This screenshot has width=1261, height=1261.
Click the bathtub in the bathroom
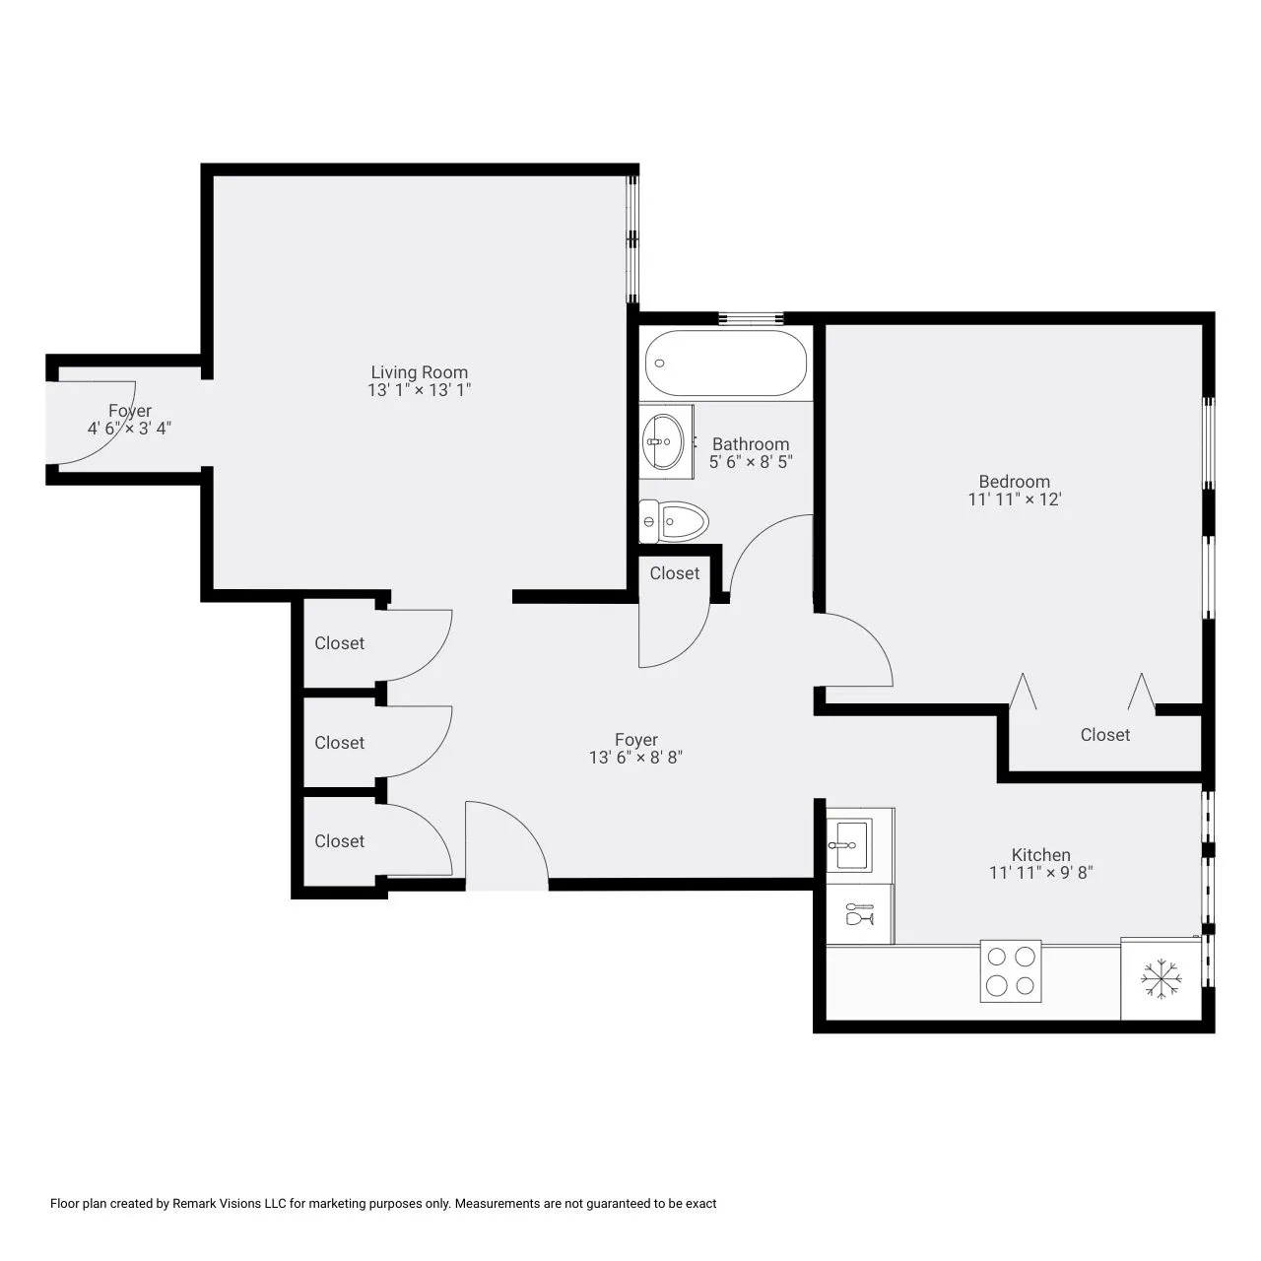click(725, 363)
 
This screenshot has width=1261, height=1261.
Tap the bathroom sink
click(663, 441)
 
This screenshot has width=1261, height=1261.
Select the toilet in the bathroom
click(674, 521)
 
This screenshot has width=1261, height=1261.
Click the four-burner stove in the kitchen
click(1010, 971)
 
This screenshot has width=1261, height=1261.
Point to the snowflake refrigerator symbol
click(1161, 979)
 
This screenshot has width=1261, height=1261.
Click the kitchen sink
click(849, 845)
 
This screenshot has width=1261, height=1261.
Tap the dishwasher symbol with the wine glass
click(859, 913)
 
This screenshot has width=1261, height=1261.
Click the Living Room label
click(420, 371)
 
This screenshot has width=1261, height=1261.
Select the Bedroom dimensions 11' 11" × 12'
click(1015, 499)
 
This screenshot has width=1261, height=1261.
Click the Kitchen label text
click(1040, 855)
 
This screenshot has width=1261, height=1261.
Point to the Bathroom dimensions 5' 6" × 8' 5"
click(751, 461)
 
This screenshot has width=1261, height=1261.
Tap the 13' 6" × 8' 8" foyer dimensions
click(635, 758)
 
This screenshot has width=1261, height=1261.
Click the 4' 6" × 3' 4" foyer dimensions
click(130, 428)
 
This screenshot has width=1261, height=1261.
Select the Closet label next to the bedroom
click(1104, 735)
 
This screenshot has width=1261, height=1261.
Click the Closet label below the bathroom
click(675, 573)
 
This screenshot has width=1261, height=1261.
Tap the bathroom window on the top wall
click(751, 318)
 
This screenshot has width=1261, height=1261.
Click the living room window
click(632, 239)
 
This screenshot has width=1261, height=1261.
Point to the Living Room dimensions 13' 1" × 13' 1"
click(420, 390)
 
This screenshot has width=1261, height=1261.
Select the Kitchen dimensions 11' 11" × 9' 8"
click(1040, 872)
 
